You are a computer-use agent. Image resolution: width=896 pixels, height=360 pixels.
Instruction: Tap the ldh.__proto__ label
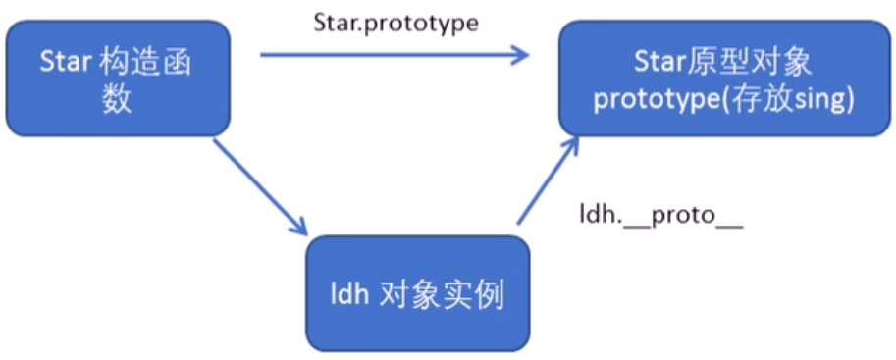[660, 218]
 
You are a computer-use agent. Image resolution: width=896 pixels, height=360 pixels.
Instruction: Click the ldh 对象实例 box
[418, 292]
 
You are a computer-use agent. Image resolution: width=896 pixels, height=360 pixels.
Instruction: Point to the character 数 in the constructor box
[118, 99]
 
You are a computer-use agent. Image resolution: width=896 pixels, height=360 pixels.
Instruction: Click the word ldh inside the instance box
[349, 294]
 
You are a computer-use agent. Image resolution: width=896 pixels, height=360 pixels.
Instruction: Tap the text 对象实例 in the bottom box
[442, 294]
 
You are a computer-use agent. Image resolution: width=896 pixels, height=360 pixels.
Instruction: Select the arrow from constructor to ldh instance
[258, 186]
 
